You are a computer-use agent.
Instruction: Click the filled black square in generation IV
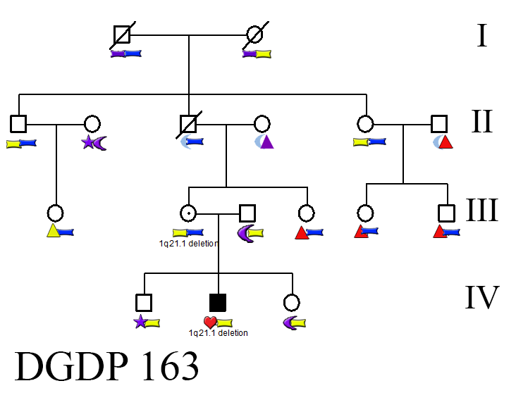(218, 303)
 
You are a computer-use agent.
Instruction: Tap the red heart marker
(209, 323)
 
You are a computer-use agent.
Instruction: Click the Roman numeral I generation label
(481, 35)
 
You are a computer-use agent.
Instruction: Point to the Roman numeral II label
(481, 122)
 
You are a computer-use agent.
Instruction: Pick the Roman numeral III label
(482, 210)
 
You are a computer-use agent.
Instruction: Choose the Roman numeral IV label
(482, 297)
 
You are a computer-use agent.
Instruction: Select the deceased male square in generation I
(122, 34)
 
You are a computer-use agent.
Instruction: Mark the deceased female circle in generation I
(254, 34)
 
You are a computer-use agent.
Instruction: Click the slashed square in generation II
(188, 123)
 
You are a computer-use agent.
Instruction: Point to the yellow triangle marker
(52, 231)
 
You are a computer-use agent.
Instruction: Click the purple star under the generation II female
(88, 143)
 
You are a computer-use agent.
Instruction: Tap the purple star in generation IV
(140, 323)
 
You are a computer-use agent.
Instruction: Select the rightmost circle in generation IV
(291, 303)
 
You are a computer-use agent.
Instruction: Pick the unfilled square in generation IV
(144, 303)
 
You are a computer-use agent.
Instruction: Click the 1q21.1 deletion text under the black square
(218, 333)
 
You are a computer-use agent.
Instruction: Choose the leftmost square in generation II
(18, 123)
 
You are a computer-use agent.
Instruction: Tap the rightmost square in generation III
(446, 212)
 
